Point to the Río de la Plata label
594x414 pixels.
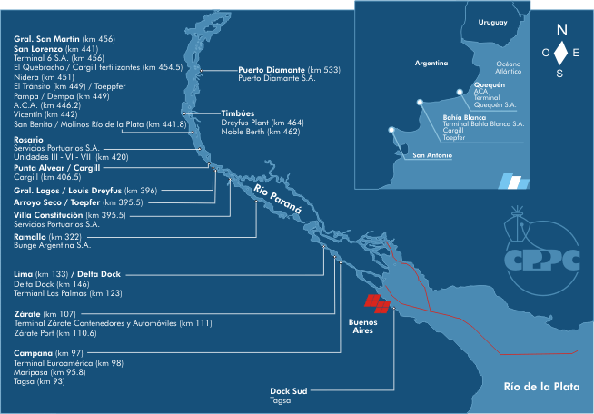(x=542, y=387)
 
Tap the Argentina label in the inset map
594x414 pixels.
(x=431, y=64)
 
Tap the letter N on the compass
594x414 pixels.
(x=562, y=28)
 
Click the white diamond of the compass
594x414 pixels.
(x=562, y=52)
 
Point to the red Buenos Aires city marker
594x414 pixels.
(x=376, y=302)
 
